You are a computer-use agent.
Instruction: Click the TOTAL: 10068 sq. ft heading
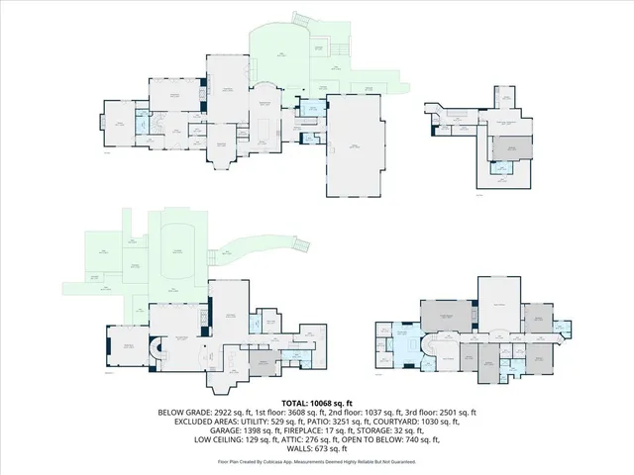tap(317, 404)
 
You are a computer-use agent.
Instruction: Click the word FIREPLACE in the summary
tap(290, 430)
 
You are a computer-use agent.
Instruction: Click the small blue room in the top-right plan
tap(501, 169)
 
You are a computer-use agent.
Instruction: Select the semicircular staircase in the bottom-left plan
tap(156, 352)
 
